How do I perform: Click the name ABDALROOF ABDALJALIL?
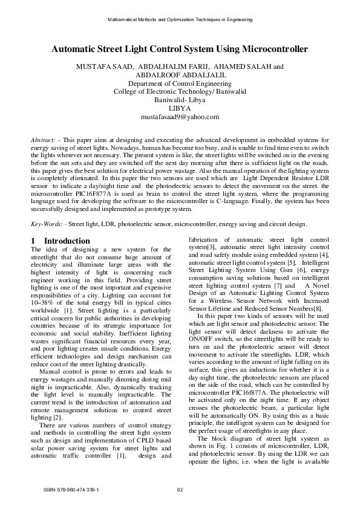(180, 75)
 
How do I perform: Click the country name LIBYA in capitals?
(180, 108)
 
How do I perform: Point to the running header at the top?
(180, 19)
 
